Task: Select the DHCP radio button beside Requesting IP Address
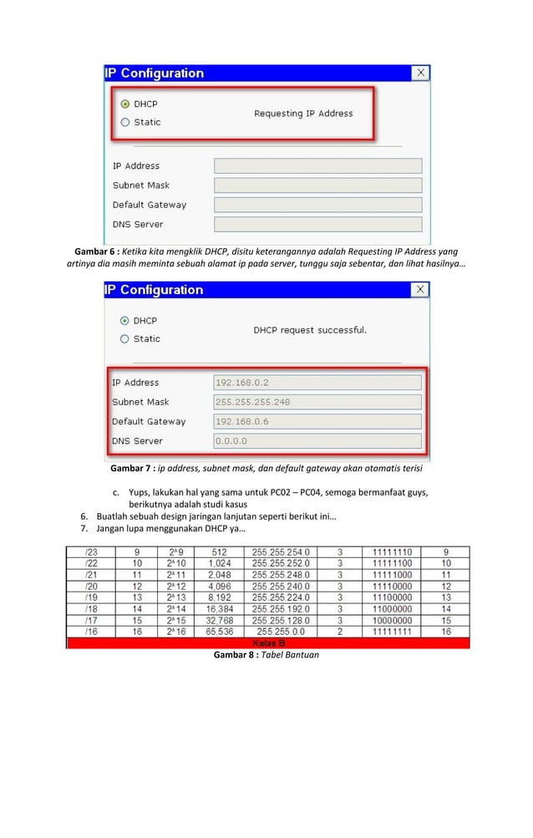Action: (x=125, y=104)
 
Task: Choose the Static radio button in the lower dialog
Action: (x=125, y=339)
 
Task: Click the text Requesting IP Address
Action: (x=303, y=114)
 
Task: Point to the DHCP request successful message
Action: (x=310, y=330)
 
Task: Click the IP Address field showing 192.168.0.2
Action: (x=317, y=383)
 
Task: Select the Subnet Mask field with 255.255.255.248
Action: (x=317, y=402)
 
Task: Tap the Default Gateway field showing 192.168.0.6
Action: (x=317, y=422)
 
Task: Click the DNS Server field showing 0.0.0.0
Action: (x=317, y=441)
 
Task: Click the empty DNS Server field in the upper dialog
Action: (x=317, y=225)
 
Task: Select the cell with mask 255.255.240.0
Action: (x=282, y=587)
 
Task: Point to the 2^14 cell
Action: (x=176, y=610)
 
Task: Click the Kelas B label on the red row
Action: (x=268, y=643)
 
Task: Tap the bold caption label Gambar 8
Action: (x=236, y=655)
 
